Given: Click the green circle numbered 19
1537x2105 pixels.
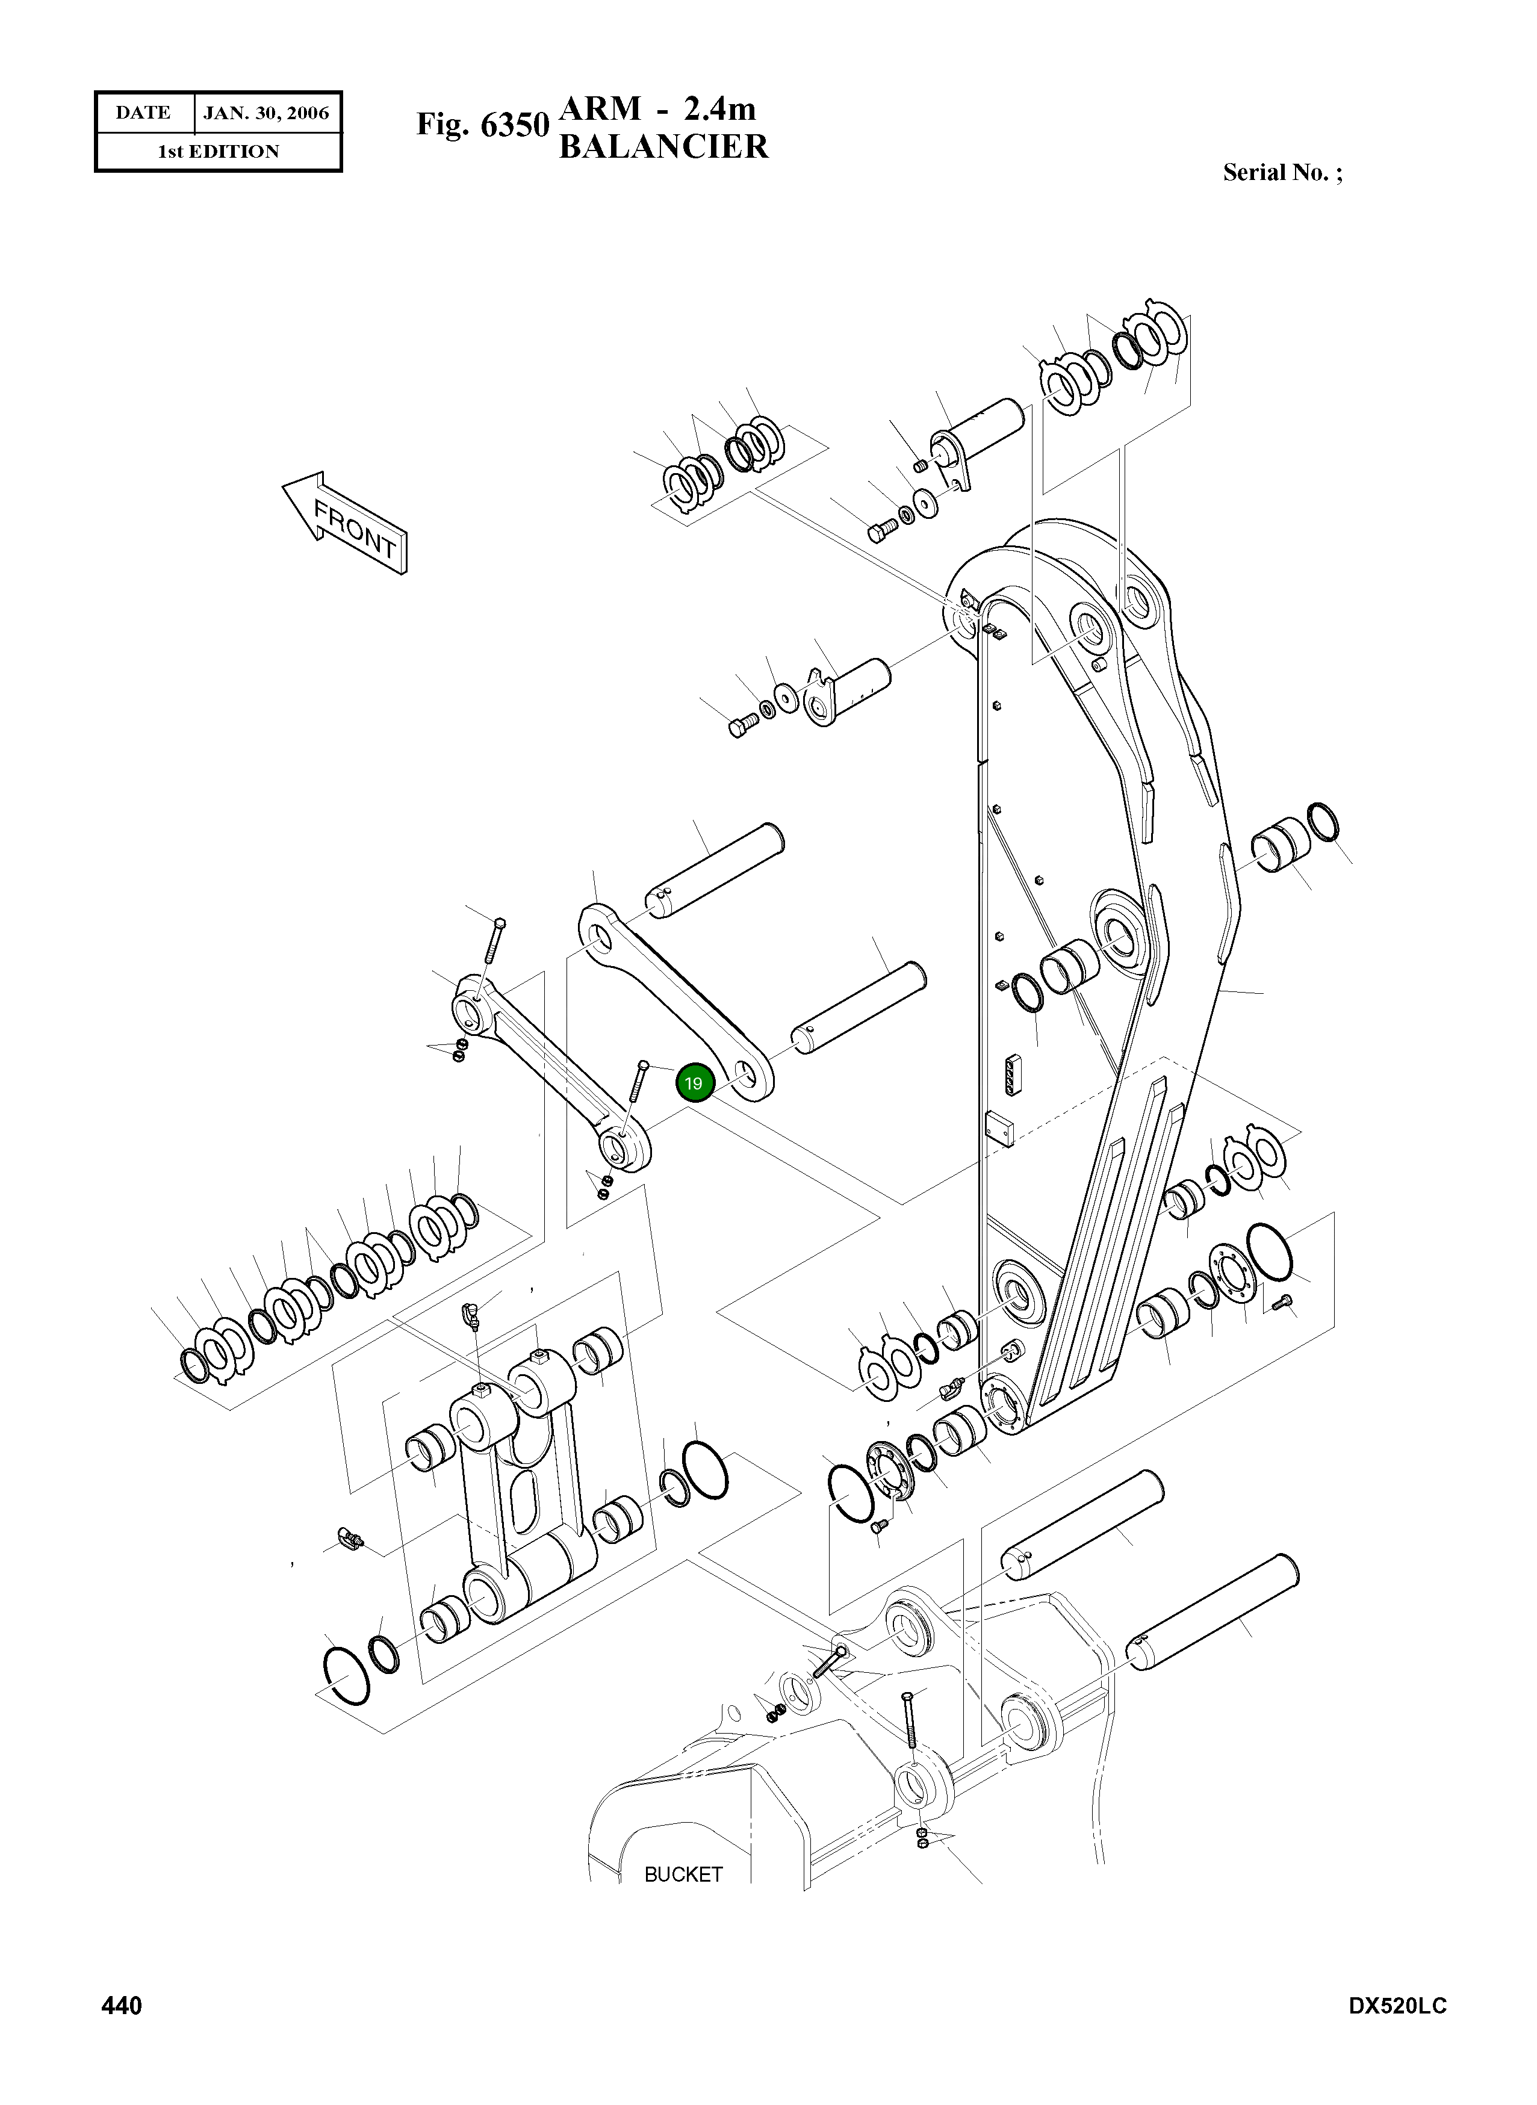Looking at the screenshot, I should pyautogui.click(x=693, y=1083).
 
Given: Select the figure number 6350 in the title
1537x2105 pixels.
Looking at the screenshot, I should pyautogui.click(x=514, y=124).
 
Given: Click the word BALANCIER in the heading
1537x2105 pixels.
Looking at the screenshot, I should pyautogui.click(x=663, y=147).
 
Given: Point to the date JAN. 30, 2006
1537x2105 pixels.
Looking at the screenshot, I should pyautogui.click(x=266, y=114).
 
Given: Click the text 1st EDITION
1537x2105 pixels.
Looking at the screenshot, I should pyautogui.click(x=218, y=152).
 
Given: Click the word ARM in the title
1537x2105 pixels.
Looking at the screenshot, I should pyautogui.click(x=600, y=109).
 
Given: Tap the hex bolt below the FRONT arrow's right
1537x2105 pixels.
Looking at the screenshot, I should pyautogui.click(x=882, y=531).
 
